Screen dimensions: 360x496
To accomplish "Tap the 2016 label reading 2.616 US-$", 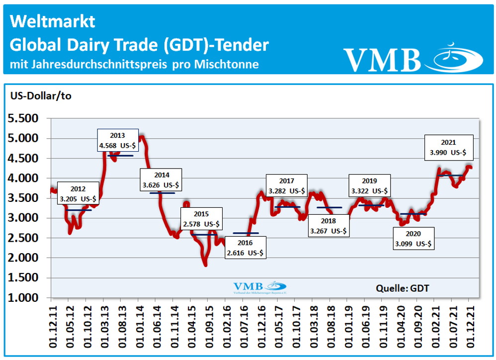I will tap(245, 248).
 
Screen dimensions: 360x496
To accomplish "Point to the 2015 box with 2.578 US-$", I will tap(201, 218).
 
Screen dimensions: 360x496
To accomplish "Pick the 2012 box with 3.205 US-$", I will tap(78, 193).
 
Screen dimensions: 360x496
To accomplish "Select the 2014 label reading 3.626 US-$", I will tap(162, 180).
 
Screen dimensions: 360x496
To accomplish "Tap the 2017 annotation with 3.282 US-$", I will tap(287, 185).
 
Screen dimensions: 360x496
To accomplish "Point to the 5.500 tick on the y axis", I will tap(22, 119).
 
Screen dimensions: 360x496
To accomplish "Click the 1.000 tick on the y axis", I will tap(22, 298).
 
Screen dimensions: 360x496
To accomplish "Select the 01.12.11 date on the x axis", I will tap(51, 325).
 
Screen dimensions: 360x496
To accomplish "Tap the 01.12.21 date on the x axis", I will tap(469, 325).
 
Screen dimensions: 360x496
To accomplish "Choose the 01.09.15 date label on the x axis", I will tap(208, 325).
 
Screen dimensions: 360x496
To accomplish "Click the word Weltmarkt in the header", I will tap(52, 21).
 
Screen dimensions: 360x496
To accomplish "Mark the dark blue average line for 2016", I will tap(246, 233).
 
